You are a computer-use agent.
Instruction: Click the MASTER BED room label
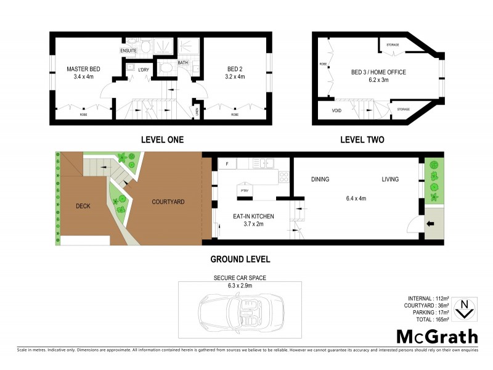pyautogui.click(x=83, y=69)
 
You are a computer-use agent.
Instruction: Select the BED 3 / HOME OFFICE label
pyautogui.click(x=378, y=72)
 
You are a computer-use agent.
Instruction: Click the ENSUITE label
pyautogui.click(x=128, y=50)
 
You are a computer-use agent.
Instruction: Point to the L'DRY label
pyautogui.click(x=144, y=69)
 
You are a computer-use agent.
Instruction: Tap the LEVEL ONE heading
pyautogui.click(x=162, y=139)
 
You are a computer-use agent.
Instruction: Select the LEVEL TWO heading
pyautogui.click(x=362, y=139)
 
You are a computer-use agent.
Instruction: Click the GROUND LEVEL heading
pyautogui.click(x=240, y=259)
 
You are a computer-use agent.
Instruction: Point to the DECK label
pyautogui.click(x=84, y=206)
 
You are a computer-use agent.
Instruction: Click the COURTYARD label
pyautogui.click(x=168, y=202)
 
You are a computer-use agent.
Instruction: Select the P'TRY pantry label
pyautogui.click(x=244, y=191)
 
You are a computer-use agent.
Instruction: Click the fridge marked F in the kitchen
pyautogui.click(x=227, y=164)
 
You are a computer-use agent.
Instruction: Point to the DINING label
pyautogui.click(x=320, y=179)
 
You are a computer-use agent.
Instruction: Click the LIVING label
pyautogui.click(x=390, y=179)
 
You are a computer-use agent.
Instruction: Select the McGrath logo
pyautogui.click(x=436, y=337)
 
